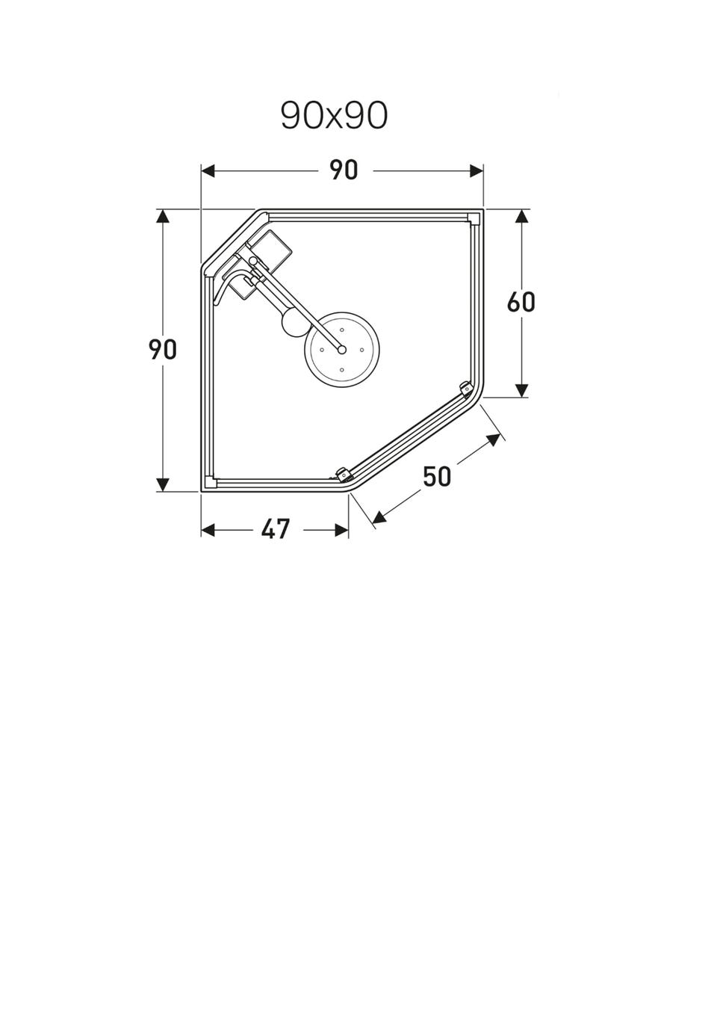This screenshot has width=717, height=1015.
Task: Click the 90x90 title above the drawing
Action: click(334, 116)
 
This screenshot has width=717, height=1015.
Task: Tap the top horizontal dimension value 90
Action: click(344, 170)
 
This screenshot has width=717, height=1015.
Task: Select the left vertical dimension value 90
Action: click(163, 350)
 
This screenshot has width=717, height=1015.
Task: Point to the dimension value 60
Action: click(521, 302)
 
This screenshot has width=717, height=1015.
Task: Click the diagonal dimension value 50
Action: click(437, 477)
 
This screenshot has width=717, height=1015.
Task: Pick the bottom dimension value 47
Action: click(275, 529)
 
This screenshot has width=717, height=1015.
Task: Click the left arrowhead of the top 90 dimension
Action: click(208, 171)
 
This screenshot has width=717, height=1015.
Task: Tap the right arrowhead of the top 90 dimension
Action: click(477, 171)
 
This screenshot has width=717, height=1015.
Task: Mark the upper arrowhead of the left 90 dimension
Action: click(163, 216)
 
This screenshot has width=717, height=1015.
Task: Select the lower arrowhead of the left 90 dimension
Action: click(163, 484)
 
